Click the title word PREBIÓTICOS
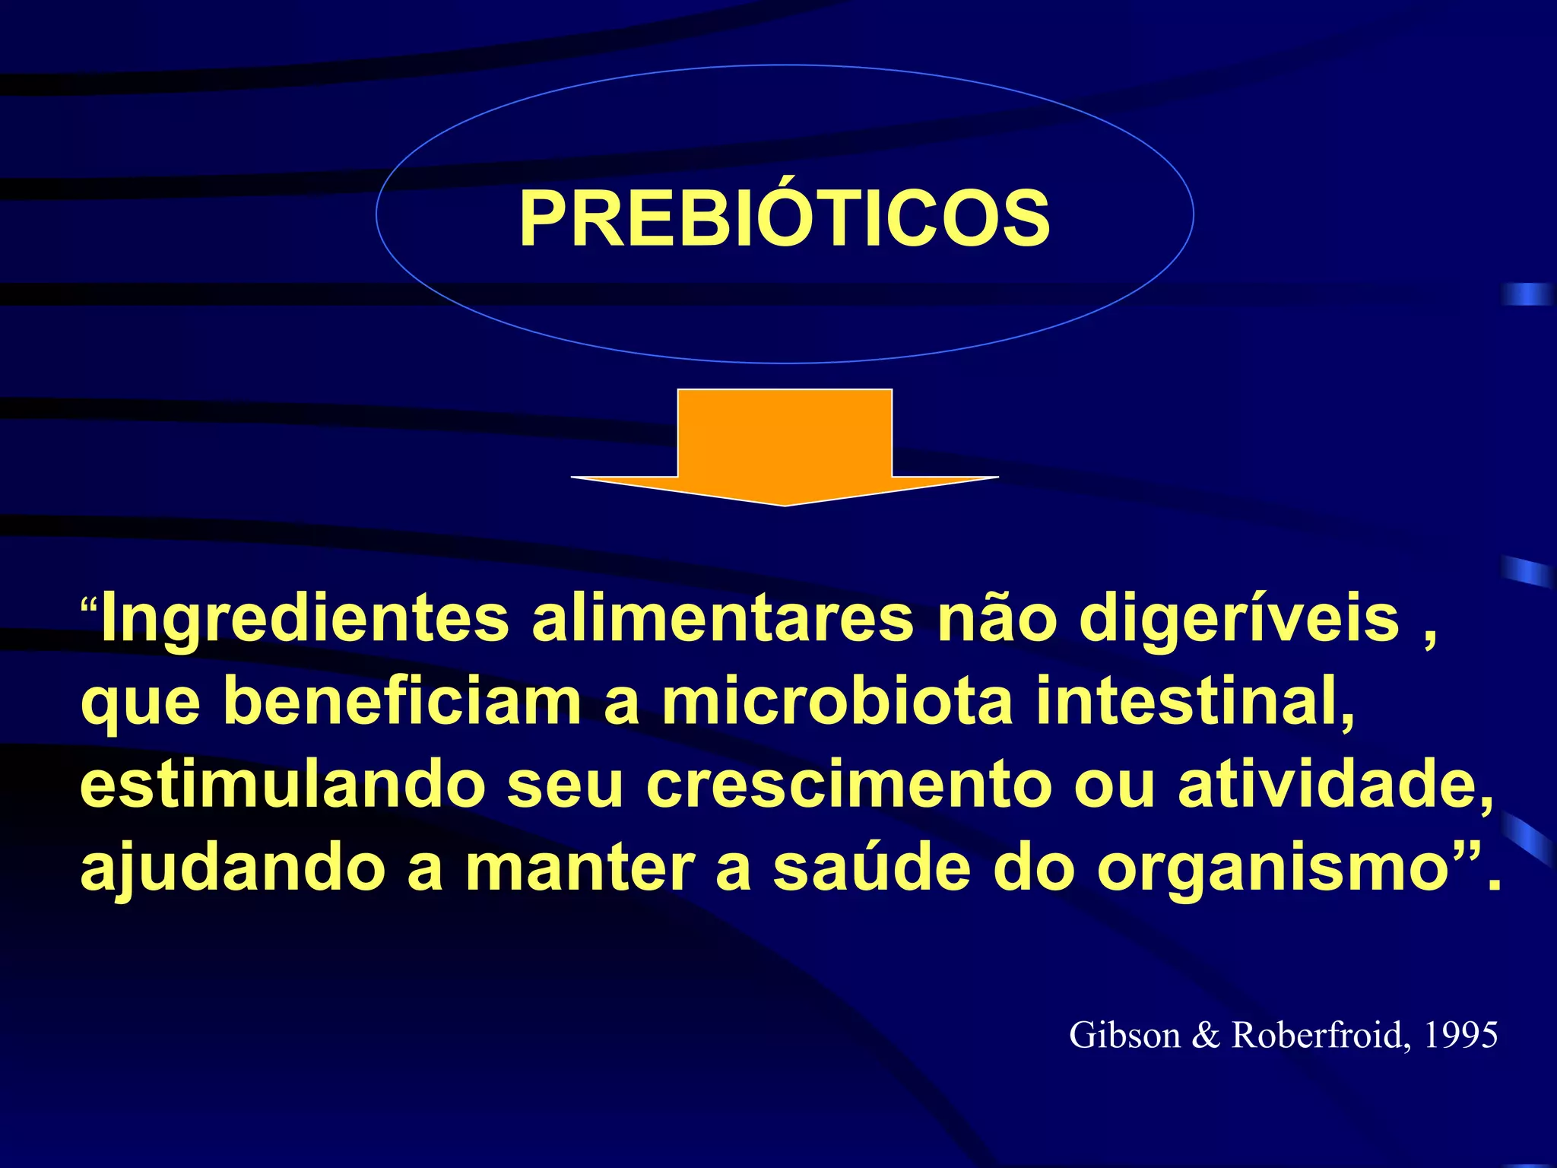[x=784, y=219]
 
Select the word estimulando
[x=282, y=785]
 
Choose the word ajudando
[x=233, y=868]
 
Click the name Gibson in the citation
[x=1124, y=1035]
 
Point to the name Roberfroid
[x=1320, y=1035]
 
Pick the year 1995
[x=1460, y=1035]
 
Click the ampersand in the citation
[x=1206, y=1035]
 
